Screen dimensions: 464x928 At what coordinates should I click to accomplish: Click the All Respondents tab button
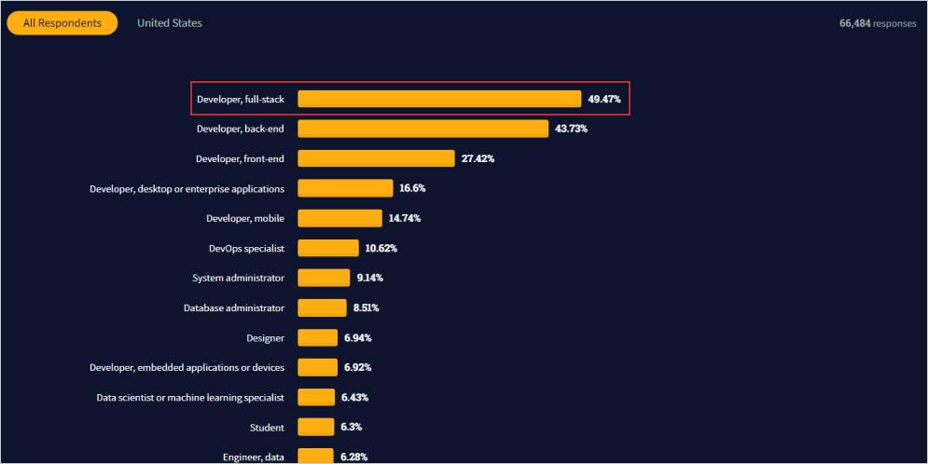click(x=62, y=23)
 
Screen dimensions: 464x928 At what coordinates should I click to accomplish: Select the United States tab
click(x=169, y=23)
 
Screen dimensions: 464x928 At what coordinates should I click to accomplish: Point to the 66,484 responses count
click(x=877, y=23)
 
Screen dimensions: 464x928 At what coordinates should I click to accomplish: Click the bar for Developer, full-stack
click(x=439, y=99)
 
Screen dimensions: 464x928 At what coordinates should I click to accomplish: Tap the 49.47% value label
click(x=604, y=99)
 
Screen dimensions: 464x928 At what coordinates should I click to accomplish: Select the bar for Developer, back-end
click(x=422, y=129)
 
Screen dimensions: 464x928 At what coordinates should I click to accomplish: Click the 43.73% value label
click(x=571, y=129)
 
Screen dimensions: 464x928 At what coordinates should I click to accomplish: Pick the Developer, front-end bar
click(x=376, y=158)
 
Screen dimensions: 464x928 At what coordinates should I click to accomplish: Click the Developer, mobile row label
click(x=245, y=218)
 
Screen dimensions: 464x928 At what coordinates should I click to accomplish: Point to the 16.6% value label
click(x=412, y=188)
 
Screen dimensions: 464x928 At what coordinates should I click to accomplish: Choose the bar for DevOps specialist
click(x=328, y=248)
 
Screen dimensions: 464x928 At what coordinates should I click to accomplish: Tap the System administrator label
click(x=238, y=278)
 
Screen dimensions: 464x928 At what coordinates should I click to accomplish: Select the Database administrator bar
click(x=322, y=307)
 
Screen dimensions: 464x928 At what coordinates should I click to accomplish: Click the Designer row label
click(x=265, y=337)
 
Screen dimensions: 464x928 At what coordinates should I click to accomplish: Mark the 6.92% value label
click(x=358, y=367)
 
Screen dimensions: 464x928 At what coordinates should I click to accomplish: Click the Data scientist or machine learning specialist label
click(x=190, y=397)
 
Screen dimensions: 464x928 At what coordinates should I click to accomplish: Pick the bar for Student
click(x=315, y=427)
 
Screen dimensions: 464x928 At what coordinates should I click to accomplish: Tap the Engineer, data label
click(x=253, y=457)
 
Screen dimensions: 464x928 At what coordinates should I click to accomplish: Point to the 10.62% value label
click(x=381, y=248)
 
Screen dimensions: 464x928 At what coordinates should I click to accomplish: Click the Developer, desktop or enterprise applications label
click(x=187, y=188)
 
